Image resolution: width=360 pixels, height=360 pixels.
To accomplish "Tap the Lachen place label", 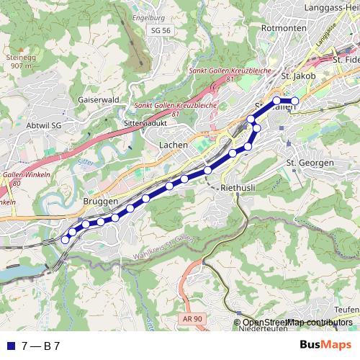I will tap(173, 145).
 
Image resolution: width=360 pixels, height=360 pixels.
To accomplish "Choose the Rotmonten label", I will tap(280, 27).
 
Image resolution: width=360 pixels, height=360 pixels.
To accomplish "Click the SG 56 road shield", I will tap(161, 31).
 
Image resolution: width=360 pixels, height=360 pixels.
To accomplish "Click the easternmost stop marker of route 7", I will tap(294, 100).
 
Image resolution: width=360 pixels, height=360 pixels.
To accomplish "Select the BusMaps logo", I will tap(325, 345).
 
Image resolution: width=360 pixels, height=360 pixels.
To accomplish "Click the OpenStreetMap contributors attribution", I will tap(297, 323).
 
